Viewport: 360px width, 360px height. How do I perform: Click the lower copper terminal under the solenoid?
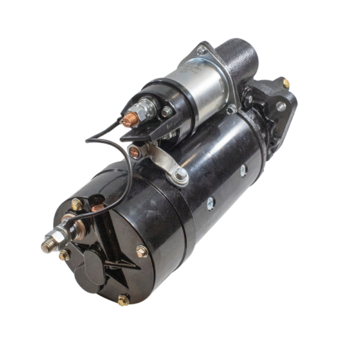(136, 152)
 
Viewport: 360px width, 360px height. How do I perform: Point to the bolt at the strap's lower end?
(179, 176)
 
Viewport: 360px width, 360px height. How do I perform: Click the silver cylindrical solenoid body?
(198, 90)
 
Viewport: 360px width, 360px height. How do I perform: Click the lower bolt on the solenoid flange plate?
(231, 109)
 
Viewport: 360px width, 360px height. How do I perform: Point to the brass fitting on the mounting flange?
(286, 83)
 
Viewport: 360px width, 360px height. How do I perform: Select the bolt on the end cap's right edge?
(142, 251)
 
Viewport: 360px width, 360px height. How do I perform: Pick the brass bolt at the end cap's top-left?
(77, 205)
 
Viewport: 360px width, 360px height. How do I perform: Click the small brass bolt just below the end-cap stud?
(64, 254)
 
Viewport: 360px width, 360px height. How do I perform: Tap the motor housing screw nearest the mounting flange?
(243, 170)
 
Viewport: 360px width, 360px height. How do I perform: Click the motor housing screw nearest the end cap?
(211, 203)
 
